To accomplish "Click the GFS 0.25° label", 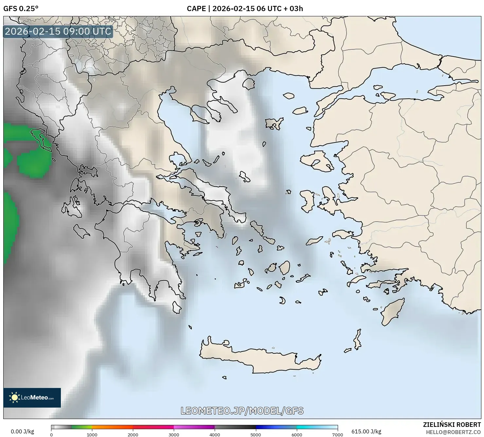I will click(x=21, y=8).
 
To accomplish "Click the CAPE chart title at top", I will click(x=245, y=8).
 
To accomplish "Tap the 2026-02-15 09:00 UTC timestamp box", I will click(x=58, y=31).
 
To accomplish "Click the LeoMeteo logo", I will click(x=32, y=397).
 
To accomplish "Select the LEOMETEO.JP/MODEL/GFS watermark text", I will click(x=242, y=411).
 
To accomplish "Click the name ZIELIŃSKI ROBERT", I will click(x=452, y=425).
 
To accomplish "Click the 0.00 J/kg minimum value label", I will click(x=22, y=431).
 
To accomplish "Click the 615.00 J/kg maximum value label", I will click(x=366, y=431).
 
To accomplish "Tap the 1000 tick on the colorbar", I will click(x=92, y=435).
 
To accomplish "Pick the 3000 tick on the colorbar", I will click(x=174, y=435).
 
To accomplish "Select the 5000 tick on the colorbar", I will click(x=256, y=435).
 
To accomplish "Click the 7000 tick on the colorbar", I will click(x=337, y=435).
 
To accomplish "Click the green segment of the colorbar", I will click(x=82, y=427).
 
